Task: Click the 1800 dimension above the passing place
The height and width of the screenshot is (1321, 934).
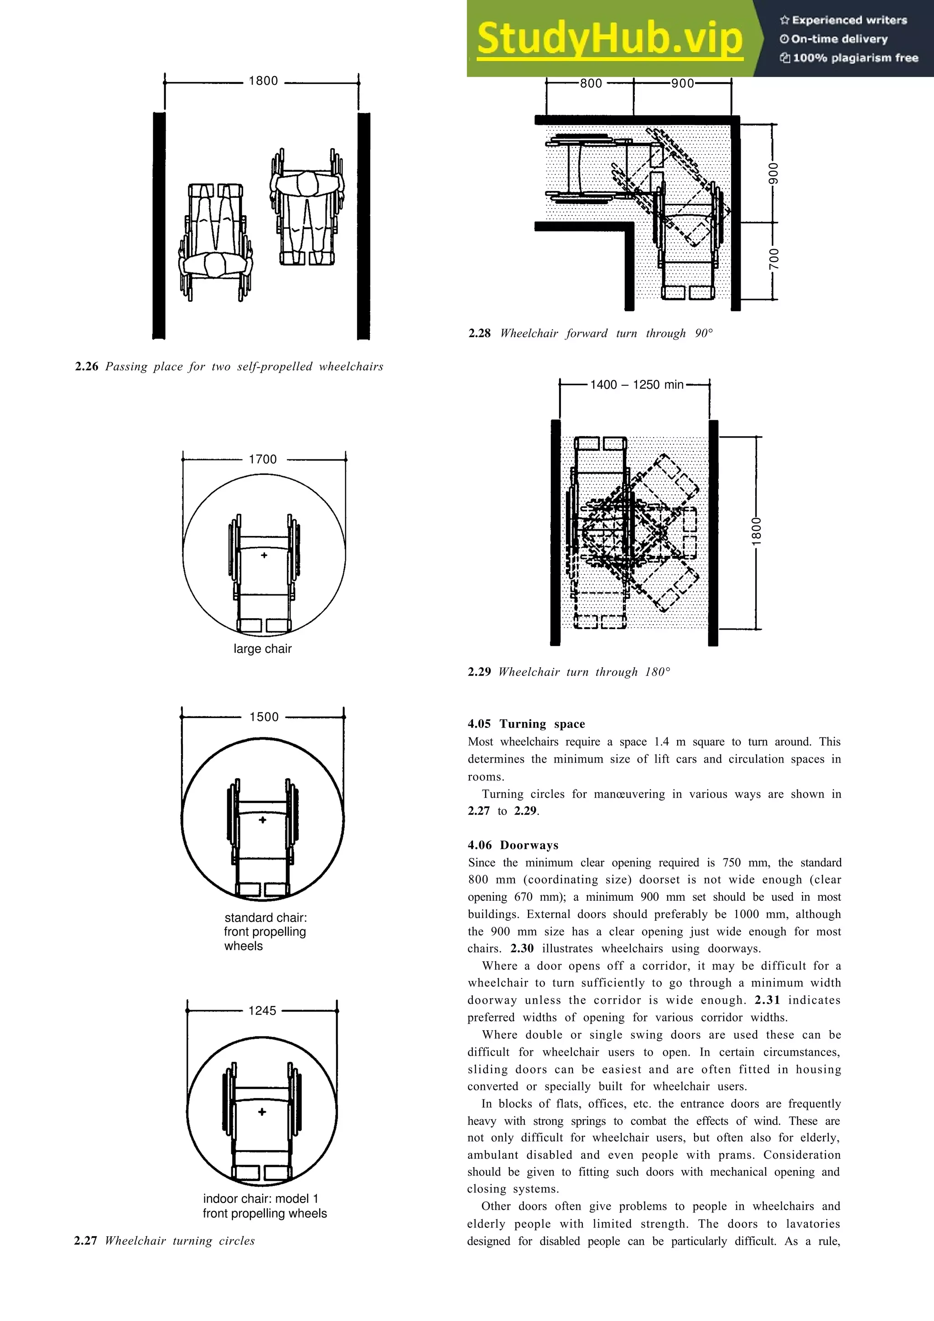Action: coord(263,81)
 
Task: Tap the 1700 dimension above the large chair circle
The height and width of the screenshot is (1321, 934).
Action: coord(262,459)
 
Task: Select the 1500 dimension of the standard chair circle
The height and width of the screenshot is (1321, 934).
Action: coord(264,717)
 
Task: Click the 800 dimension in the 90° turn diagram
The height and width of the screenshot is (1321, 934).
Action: coord(591,83)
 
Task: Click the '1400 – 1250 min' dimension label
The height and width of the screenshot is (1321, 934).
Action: coord(637,384)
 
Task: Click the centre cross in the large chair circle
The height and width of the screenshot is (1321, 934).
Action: coord(264,555)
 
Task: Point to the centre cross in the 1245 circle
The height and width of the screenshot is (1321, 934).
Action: coord(262,1112)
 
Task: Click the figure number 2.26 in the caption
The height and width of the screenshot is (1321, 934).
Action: coord(86,366)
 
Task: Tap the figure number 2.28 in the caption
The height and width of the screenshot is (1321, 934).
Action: coord(479,333)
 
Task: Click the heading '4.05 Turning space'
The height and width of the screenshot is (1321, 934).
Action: coord(526,724)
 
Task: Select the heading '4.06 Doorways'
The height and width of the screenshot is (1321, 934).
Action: coord(513,845)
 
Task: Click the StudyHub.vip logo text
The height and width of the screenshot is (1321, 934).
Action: coord(610,39)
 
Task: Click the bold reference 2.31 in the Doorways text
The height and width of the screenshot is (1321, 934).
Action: coord(767,1000)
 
